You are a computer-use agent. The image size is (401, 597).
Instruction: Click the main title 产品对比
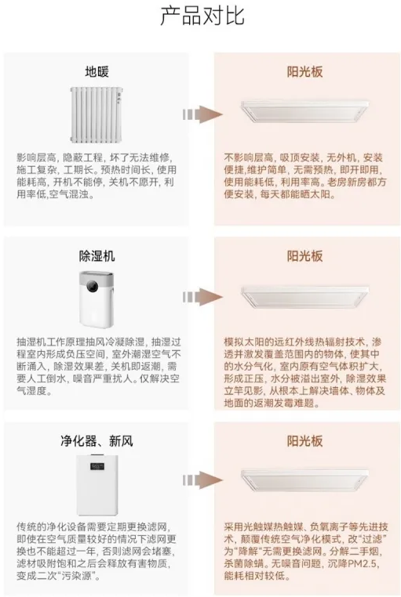pos(202,16)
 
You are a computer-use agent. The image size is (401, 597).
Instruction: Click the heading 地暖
pos(97,71)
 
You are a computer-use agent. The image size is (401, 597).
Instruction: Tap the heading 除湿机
pos(97,256)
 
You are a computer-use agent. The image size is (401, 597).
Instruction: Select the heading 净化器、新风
pos(97,441)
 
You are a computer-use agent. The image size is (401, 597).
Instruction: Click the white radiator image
pos(97,114)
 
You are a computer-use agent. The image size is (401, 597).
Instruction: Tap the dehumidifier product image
pos(96,298)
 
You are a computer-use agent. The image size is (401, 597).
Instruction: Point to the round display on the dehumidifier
pos(93,286)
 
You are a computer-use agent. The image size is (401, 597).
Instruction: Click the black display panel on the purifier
pos(97,466)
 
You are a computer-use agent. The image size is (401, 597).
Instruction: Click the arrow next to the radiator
pos(202,114)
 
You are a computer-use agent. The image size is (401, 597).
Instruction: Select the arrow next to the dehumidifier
pos(202,297)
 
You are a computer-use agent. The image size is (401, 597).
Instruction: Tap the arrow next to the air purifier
pos(202,479)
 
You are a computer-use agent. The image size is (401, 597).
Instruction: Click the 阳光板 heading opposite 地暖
pos(305,71)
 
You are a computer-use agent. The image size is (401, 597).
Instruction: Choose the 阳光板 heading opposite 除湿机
pos(305,256)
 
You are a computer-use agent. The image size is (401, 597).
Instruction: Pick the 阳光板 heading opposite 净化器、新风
pos(305,441)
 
